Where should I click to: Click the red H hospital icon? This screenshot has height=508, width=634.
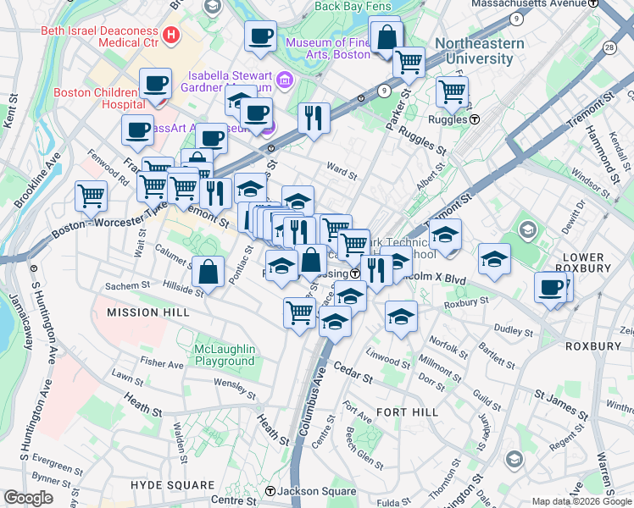(172, 35)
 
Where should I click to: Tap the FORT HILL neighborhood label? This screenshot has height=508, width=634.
(407, 411)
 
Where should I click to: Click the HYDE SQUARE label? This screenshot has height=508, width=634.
(172, 485)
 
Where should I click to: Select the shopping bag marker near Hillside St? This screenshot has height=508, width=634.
(208, 273)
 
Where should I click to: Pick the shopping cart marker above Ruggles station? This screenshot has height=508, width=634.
(453, 91)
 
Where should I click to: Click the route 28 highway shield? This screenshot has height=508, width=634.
(610, 49)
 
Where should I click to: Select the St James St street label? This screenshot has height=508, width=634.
(560, 402)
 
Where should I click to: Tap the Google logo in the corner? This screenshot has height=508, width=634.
(29, 498)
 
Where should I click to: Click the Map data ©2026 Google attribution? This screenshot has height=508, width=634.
(581, 502)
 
